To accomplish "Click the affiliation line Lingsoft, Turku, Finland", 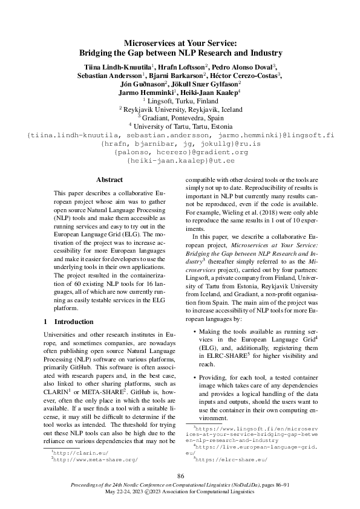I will click(182, 101).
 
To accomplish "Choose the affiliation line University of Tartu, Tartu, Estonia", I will click(182, 126).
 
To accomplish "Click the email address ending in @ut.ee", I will click(179, 161).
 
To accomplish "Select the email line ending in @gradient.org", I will click(179, 152).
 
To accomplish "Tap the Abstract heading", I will click(110, 180).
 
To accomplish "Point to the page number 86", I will click(180, 476).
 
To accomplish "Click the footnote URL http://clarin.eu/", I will click(73, 452).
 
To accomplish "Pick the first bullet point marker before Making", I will click(194, 332).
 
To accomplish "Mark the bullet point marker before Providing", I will click(194, 377).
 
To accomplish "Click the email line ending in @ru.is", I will click(179, 144).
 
